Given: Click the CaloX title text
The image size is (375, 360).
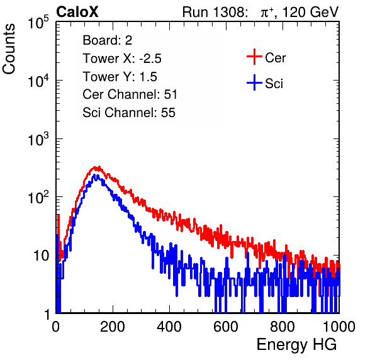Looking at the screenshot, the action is [x=77, y=12].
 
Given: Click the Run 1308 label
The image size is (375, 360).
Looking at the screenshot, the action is [x=215, y=12].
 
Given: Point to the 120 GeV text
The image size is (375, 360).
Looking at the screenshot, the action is [x=310, y=12].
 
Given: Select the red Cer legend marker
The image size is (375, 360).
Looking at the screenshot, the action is [x=254, y=57].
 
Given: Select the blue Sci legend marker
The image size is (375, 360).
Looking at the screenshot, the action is [x=254, y=82].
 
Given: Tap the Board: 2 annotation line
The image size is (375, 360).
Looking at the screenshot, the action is [x=108, y=40].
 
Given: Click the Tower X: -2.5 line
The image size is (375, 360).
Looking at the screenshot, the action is [x=122, y=59].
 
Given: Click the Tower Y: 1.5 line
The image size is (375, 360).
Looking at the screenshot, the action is [x=120, y=77].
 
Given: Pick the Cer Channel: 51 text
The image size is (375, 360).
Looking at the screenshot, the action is [x=130, y=94].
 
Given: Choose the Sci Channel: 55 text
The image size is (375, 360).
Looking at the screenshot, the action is [x=129, y=113].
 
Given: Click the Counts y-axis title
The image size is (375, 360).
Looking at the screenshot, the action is [x=9, y=49].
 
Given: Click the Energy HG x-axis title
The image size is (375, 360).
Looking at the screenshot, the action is [x=296, y=344].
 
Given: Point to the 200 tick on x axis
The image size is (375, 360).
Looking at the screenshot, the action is [x=113, y=327].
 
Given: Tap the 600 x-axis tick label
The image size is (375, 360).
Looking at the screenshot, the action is [x=226, y=327].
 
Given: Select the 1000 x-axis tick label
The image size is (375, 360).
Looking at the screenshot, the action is [x=339, y=327].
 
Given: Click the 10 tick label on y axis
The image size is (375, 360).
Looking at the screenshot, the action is [x=42, y=256].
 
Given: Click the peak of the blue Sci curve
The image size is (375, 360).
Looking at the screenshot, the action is [x=94, y=175].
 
